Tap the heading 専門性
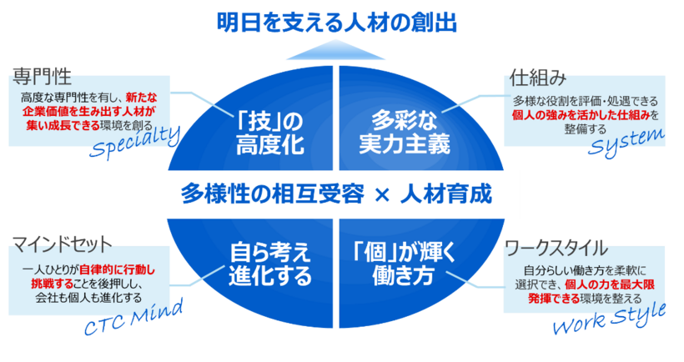(42, 80)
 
